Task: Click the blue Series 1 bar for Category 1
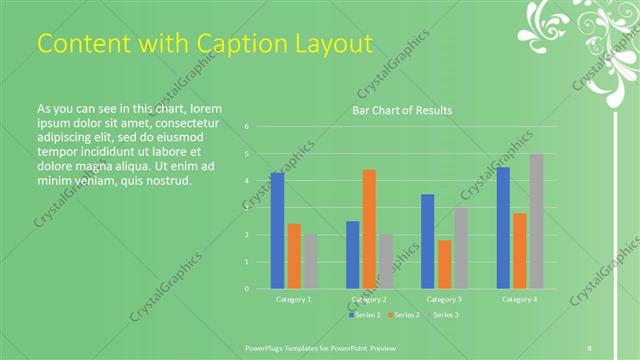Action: [277, 230]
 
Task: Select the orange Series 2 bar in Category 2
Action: [369, 229]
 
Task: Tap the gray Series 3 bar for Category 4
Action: [536, 221]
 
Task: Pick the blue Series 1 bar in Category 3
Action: [428, 241]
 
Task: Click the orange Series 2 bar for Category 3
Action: [444, 264]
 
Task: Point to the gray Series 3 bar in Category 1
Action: [310, 261]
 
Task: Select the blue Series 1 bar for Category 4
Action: [503, 227]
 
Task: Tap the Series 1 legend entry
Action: [366, 315]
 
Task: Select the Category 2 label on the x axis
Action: [369, 299]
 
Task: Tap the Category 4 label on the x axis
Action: [519, 299]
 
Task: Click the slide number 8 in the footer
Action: [590, 347]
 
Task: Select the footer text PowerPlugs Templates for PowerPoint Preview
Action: [322, 347]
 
